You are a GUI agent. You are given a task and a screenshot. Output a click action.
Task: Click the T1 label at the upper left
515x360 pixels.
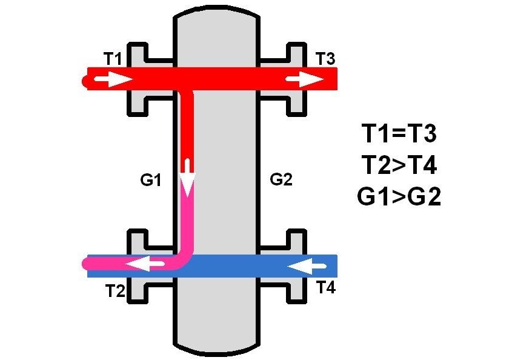[x=113, y=59]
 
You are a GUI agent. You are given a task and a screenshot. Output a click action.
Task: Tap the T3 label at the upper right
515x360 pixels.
[x=325, y=58]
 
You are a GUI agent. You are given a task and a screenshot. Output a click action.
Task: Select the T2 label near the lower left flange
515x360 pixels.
[x=115, y=291]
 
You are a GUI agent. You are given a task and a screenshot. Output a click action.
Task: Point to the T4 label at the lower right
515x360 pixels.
[x=326, y=287]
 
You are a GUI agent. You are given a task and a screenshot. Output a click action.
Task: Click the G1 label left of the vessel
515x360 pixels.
[x=151, y=180]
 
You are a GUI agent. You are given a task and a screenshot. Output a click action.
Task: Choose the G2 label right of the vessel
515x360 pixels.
[x=281, y=179]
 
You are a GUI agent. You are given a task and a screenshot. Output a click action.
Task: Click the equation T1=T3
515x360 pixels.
[x=399, y=133]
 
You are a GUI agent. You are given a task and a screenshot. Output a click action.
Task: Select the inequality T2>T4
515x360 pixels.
[x=399, y=165]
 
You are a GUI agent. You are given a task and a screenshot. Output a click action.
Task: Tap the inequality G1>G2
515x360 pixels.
[x=399, y=196]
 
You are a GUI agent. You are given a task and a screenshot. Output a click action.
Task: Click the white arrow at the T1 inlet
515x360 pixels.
[x=113, y=79]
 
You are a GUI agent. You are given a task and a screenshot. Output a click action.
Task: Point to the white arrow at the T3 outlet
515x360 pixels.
[x=305, y=79]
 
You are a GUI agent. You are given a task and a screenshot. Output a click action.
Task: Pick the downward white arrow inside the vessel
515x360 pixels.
[x=188, y=178]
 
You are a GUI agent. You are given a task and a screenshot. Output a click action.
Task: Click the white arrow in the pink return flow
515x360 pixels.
[x=145, y=264]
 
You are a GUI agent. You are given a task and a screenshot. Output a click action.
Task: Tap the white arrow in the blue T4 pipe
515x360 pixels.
[x=307, y=266]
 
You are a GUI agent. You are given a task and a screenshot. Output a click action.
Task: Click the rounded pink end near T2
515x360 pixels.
[x=87, y=264]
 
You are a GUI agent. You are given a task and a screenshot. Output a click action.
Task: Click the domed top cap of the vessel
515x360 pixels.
[x=217, y=12]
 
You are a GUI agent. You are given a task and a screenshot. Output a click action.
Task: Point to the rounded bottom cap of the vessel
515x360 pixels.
[x=217, y=349]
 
